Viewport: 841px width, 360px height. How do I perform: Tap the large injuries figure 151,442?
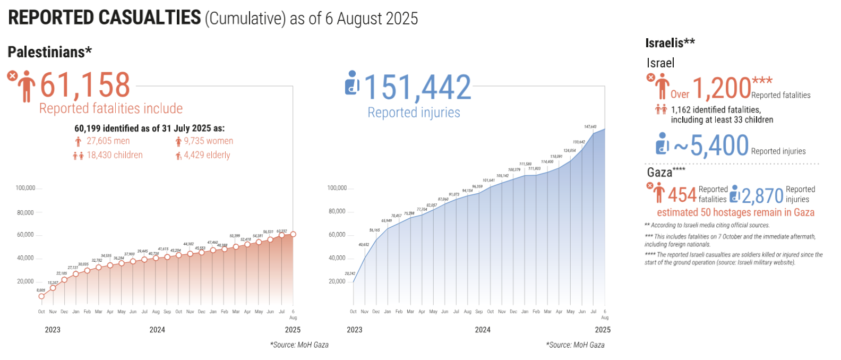(417, 88)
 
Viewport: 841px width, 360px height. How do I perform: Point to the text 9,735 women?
(208, 141)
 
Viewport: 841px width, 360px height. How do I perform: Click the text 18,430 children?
(115, 155)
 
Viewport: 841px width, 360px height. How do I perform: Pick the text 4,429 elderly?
(207, 155)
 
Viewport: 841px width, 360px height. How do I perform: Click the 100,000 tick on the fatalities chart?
(25, 188)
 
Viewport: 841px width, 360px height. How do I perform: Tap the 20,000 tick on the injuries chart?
(337, 281)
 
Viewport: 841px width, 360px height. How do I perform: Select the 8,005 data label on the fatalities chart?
(41, 290)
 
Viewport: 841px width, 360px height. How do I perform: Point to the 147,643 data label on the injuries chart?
(590, 127)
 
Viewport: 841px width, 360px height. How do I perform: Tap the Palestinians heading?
(49, 52)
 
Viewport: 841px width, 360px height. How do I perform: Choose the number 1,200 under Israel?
(722, 89)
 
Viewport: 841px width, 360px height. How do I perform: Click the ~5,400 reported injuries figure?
(711, 145)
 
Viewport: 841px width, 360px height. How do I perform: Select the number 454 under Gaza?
(682, 195)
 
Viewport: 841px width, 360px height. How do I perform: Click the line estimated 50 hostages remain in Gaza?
(735, 212)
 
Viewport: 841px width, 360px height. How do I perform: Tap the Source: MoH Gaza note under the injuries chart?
(575, 345)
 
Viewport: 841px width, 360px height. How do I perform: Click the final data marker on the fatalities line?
(293, 234)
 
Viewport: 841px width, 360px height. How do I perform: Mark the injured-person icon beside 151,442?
(351, 83)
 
